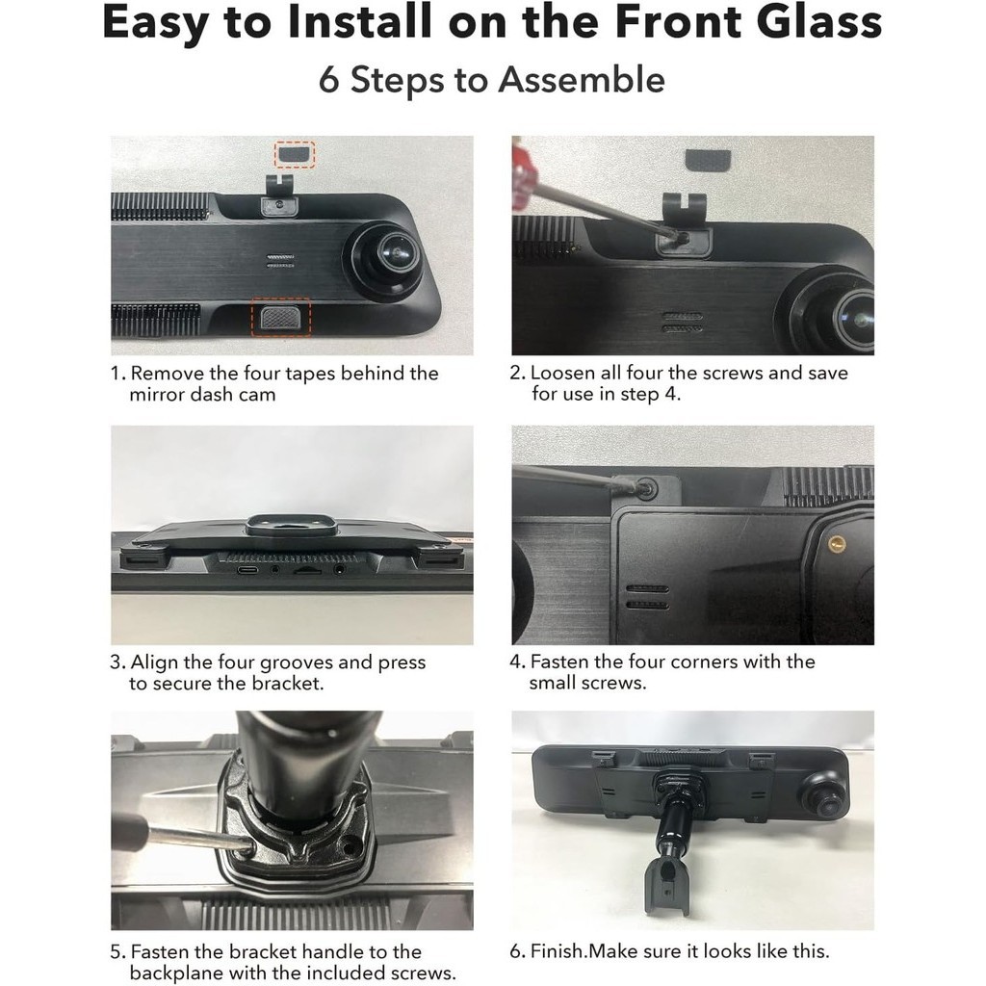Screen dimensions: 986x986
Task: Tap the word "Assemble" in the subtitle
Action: [x=582, y=81]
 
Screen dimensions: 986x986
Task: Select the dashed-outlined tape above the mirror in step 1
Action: [x=295, y=154]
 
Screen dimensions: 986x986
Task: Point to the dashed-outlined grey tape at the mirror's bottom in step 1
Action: [x=281, y=317]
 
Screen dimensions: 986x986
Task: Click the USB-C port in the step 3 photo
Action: [x=247, y=570]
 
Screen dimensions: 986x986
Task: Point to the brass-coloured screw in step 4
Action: [x=837, y=542]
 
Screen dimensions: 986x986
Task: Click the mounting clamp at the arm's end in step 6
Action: [x=667, y=885]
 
